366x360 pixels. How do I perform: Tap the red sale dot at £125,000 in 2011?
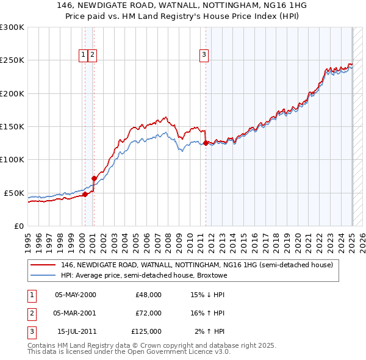(x=206, y=143)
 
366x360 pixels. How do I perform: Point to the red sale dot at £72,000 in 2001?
(x=94, y=178)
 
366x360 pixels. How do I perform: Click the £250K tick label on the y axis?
(x=12, y=60)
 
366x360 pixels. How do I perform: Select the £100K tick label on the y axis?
(x=12, y=159)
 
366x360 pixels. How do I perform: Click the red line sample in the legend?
(x=43, y=265)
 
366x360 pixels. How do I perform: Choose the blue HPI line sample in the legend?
(x=43, y=275)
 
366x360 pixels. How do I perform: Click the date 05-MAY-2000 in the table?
(x=76, y=295)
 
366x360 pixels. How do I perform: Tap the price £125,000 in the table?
(x=146, y=331)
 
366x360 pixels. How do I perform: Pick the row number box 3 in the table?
(x=30, y=331)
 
